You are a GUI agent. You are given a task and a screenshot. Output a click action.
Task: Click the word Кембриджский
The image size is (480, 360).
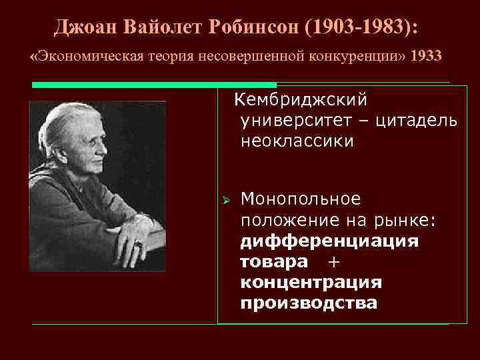[x=301, y=100]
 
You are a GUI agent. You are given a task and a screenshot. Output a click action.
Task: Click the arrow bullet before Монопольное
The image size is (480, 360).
[x=227, y=199]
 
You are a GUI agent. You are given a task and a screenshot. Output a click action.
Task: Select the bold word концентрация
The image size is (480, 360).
[x=311, y=282]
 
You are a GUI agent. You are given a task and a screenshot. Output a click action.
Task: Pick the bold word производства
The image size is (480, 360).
[x=308, y=303]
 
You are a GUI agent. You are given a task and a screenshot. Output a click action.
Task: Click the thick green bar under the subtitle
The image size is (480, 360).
[x=154, y=85]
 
